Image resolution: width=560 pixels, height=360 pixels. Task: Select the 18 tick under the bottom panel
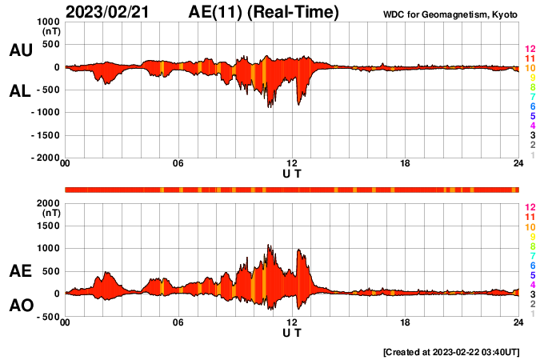(406, 323)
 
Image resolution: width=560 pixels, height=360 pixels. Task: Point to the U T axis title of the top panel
(292, 173)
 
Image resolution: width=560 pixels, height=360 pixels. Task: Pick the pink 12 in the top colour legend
(530, 50)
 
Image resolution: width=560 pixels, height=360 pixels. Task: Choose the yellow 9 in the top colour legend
(532, 78)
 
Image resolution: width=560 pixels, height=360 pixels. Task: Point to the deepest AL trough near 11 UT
(269, 106)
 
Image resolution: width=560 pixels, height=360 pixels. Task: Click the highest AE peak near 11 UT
(269, 246)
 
